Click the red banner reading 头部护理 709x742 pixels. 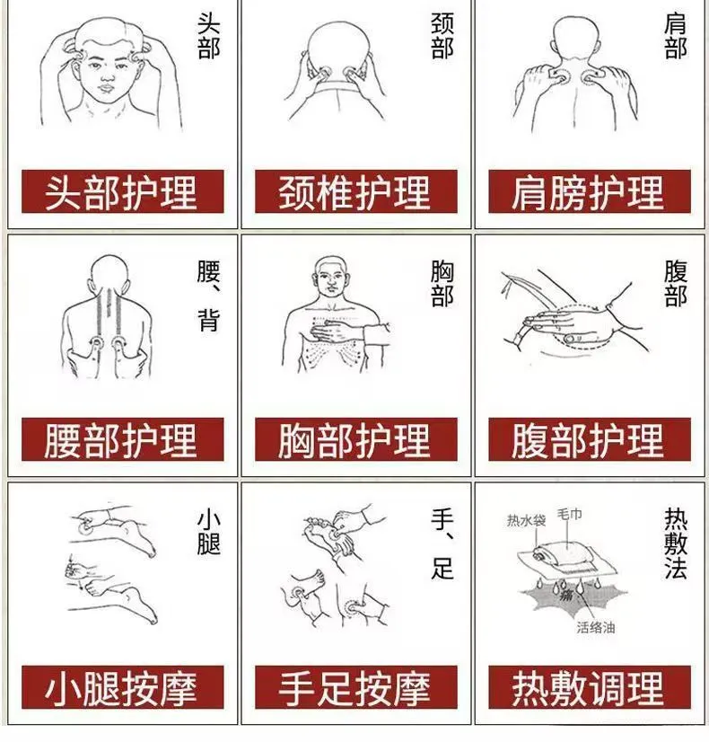pos(122,191)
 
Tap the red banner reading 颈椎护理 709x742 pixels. pos(356,191)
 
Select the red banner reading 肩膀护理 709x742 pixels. pos(590,191)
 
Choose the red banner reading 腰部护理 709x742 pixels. pos(122,439)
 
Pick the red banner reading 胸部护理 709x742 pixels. pos(356,439)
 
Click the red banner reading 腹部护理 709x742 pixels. pos(590,439)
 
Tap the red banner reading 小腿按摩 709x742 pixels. pos(122,687)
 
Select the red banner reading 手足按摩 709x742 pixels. pos(356,687)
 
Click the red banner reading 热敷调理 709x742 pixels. pos(590,687)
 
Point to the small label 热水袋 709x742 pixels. pos(526,520)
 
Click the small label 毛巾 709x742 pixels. pos(570,514)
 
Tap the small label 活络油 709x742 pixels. pos(596,628)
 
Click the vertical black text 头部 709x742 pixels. pos(208,36)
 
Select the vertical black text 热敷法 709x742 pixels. pos(676,543)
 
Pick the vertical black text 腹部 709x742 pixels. pos(676,284)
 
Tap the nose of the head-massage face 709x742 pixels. pos(108,75)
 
